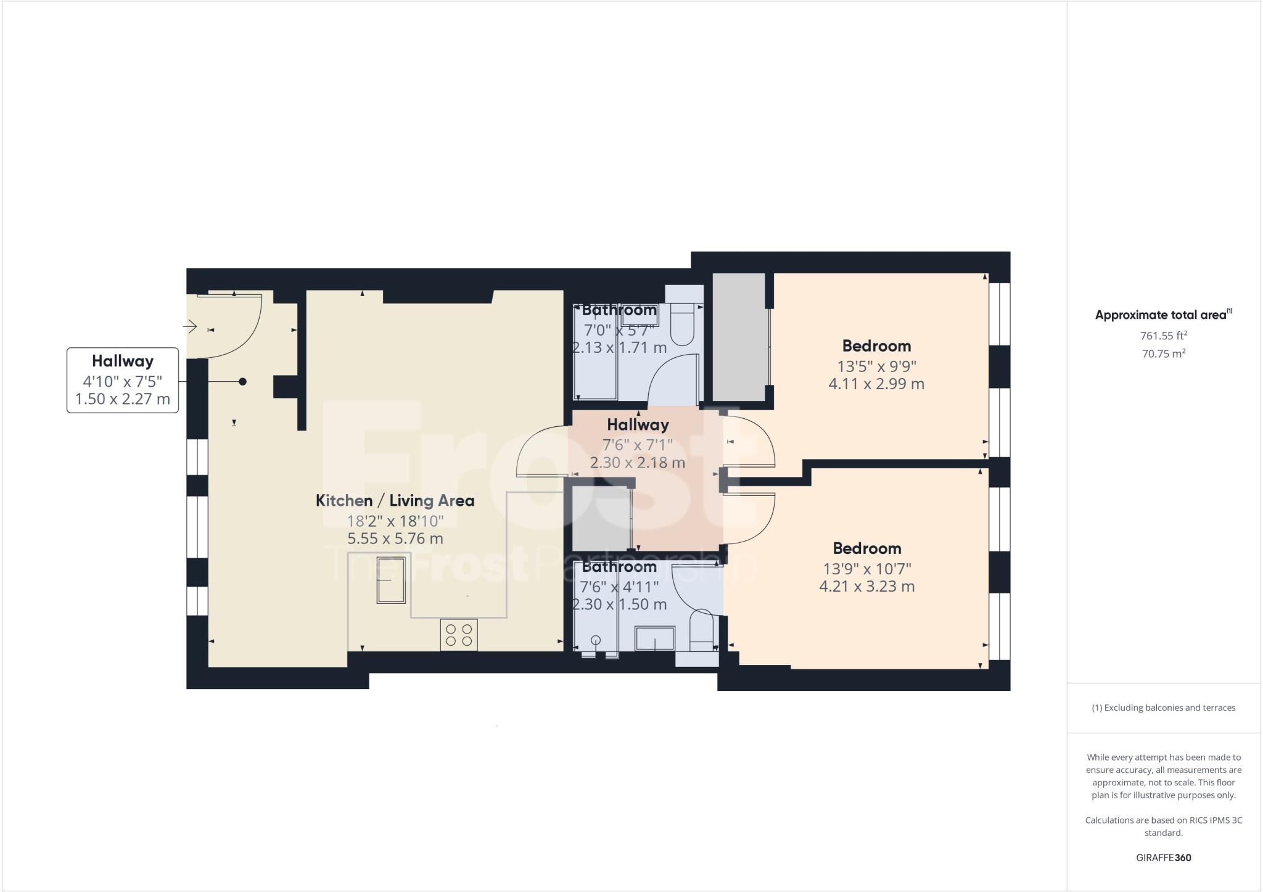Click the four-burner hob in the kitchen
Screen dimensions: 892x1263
point(459,635)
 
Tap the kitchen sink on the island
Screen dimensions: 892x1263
point(391,580)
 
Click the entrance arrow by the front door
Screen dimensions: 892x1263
point(189,326)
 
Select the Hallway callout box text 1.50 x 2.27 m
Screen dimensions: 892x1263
point(122,399)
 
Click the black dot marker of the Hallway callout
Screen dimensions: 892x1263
point(243,382)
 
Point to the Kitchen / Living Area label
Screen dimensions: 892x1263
point(395,500)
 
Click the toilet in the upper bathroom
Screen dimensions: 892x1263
point(682,328)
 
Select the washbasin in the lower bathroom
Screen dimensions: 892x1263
point(655,638)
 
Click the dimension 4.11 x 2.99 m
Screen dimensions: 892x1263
point(876,384)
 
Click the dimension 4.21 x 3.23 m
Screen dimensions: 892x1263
point(866,586)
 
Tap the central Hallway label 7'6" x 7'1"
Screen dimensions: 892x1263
point(637,444)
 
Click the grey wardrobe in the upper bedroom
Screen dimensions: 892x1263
point(738,336)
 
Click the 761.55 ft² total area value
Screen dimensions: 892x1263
point(1163,336)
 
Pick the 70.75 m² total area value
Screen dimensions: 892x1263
point(1163,354)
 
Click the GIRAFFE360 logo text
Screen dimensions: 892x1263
point(1163,857)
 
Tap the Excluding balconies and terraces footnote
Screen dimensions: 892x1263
point(1163,708)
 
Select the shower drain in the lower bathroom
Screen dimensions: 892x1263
point(596,640)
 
